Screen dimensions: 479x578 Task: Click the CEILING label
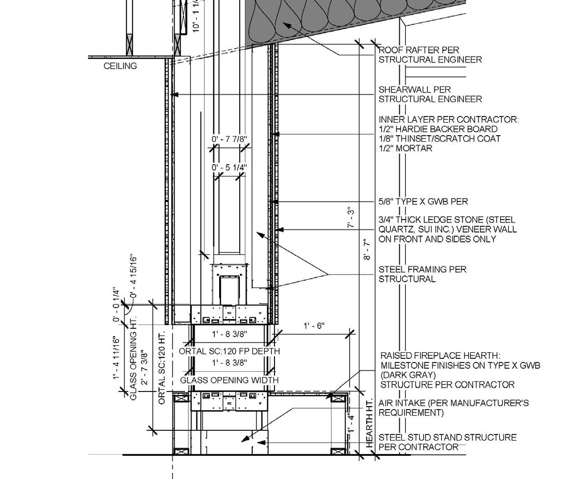point(120,66)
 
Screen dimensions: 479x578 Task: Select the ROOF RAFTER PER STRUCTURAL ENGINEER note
point(430,55)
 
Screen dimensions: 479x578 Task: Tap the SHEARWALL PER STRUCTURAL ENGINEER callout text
point(430,94)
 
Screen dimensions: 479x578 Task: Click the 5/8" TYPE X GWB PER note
point(423,201)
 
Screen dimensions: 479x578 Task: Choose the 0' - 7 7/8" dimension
point(229,139)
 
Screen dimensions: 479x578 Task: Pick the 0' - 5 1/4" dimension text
point(229,167)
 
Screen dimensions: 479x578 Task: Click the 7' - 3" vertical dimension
point(352,218)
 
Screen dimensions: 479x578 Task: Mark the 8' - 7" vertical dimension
point(367,249)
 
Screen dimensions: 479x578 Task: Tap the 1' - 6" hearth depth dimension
point(314,326)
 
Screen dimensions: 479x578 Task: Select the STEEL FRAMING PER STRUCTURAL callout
point(422,274)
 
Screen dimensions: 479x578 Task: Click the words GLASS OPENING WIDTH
point(229,380)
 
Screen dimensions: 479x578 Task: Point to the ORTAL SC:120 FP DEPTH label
point(229,351)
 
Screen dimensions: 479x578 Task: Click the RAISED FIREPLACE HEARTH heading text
point(440,356)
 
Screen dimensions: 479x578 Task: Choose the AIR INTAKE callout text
point(454,408)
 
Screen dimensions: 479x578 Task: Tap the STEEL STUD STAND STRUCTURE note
point(447,442)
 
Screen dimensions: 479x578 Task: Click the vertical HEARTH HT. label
point(370,424)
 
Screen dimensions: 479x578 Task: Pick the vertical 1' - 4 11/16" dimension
point(117,365)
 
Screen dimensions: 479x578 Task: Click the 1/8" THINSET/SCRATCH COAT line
point(440,139)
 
